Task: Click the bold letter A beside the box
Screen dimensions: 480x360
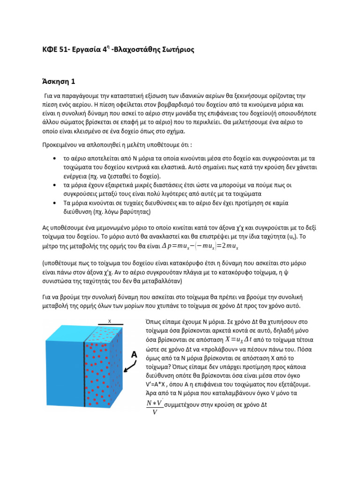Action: pos(134,355)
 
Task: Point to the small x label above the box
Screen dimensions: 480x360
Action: pos(109,321)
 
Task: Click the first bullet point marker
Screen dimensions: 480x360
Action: pos(55,158)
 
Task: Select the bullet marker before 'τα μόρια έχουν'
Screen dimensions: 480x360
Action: pos(55,185)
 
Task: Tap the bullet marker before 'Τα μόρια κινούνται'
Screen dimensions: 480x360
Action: pos(55,203)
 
